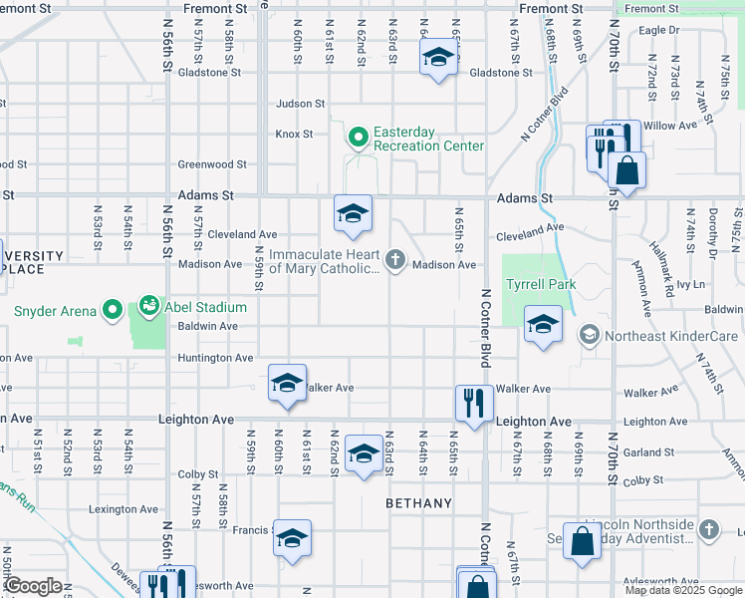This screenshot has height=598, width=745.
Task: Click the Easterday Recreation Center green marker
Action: (x=359, y=138)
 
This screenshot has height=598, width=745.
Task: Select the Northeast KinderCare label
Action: (x=671, y=336)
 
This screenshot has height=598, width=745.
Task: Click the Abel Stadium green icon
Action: (x=149, y=304)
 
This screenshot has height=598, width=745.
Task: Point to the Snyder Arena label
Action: (x=56, y=311)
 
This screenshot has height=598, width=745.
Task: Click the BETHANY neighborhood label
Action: (x=419, y=503)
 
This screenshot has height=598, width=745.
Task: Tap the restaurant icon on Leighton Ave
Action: (x=473, y=404)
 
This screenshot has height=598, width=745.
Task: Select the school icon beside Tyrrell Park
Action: (x=543, y=325)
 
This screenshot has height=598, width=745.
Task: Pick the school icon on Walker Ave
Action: (x=286, y=384)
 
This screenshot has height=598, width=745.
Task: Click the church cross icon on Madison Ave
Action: (x=395, y=262)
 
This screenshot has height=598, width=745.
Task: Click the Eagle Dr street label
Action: (x=658, y=30)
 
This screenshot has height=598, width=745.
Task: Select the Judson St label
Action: (x=301, y=103)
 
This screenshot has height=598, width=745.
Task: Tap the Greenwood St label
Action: (x=212, y=164)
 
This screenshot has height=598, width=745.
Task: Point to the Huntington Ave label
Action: (x=215, y=358)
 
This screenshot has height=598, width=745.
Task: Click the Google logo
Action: (x=33, y=586)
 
